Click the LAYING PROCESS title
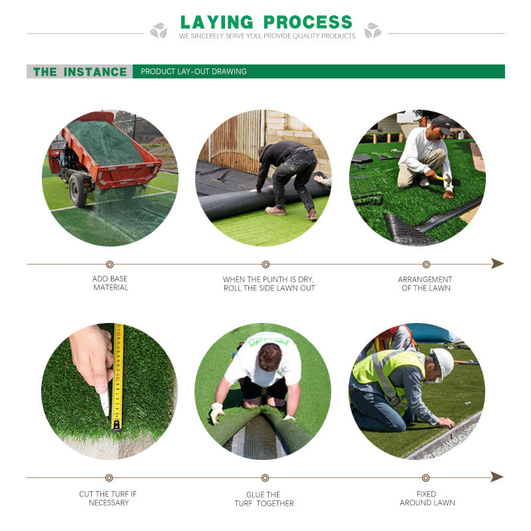coord(266,21)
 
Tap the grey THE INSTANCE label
coord(80,72)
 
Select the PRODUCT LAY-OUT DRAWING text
coord(194,72)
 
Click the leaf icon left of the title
coord(159,31)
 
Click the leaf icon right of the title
coord(373,31)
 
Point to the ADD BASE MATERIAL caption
coord(110,283)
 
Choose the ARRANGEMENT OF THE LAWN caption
coord(425,284)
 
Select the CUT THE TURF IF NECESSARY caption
coord(108,498)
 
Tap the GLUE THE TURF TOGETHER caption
coord(264,499)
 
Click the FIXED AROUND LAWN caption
coord(426,498)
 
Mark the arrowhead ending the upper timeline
coord(498,264)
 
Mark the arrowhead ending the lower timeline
coord(498,477)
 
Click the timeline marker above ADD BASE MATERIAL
coord(110,265)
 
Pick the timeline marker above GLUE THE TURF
coord(265,478)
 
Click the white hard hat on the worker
coord(443,363)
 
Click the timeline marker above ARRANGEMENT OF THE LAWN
coord(425,265)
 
